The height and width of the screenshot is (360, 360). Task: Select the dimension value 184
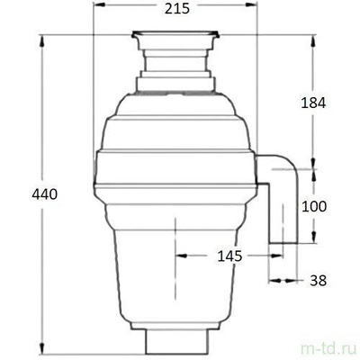[311, 103]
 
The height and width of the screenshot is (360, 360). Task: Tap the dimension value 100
[313, 206]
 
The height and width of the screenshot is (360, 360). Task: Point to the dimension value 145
[229, 256]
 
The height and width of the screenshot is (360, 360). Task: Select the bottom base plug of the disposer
[176, 342]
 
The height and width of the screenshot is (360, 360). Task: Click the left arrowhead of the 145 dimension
[179, 256]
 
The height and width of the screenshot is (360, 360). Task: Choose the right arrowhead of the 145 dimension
[270, 256]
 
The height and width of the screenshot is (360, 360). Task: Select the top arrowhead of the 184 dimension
[313, 38]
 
